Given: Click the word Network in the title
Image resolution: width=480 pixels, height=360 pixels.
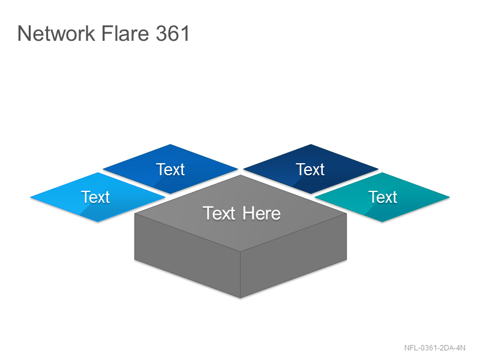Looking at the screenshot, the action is (56, 33).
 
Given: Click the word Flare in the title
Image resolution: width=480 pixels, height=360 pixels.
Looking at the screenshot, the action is (125, 33).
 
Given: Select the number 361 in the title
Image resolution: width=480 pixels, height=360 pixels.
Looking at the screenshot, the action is (173, 33).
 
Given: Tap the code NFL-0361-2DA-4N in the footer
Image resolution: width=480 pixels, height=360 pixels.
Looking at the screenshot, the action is (434, 348).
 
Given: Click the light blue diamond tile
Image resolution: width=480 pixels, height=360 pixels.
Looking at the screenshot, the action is (98, 197).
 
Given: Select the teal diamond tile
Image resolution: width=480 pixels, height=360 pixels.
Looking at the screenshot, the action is (382, 197).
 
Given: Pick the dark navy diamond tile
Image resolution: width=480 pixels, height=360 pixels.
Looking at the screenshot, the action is (311, 169).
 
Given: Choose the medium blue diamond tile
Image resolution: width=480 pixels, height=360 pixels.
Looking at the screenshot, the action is (170, 169).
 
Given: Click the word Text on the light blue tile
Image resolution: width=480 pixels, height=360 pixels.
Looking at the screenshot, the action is (95, 197).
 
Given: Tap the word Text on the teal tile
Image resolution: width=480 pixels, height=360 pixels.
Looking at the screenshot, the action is (383, 197).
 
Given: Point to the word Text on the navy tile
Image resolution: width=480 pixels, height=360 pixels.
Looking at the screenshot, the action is (310, 169).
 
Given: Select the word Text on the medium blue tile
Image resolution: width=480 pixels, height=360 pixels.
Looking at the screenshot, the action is (170, 169).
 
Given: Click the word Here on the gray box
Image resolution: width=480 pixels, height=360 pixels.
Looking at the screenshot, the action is (262, 214).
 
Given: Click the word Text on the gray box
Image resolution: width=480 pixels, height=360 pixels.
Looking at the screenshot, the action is (219, 214).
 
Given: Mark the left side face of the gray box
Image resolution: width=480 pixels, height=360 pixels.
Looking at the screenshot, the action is (187, 256).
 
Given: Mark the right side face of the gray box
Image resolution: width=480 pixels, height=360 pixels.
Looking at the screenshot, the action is (293, 256).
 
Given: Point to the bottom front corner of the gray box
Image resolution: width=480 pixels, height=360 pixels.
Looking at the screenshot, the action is (241, 298).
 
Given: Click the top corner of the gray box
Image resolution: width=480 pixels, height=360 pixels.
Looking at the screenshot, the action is (241, 175).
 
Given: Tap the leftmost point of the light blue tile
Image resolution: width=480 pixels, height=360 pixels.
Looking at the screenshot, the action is (31, 197).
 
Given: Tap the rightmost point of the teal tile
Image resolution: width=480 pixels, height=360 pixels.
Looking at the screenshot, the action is (449, 197).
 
